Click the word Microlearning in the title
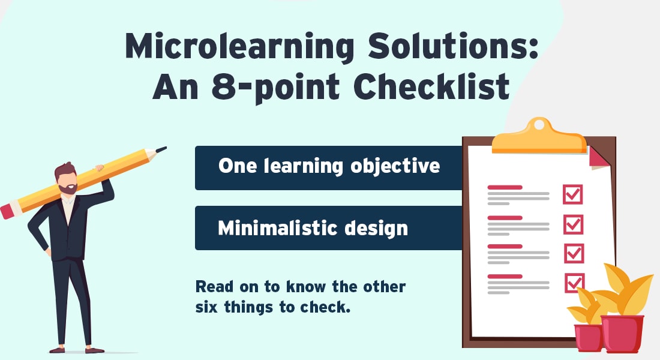[239, 46]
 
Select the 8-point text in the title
[275, 88]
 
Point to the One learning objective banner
[329, 167]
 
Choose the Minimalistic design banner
[329, 228]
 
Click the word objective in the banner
[395, 166]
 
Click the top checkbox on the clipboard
[573, 194]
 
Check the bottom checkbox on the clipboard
[575, 283]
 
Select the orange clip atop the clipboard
[539, 137]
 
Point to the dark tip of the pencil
[161, 149]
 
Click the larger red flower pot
[622, 333]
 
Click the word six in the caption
[206, 307]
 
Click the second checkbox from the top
[573, 224]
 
